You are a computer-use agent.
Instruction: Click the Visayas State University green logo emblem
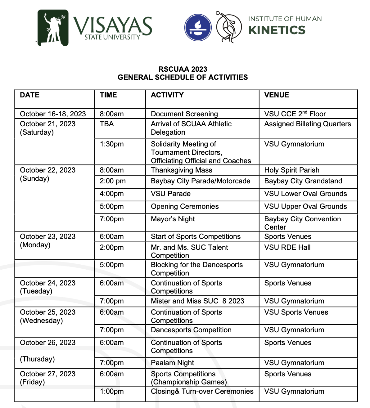[53, 28]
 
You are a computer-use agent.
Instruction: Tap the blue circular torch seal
[198, 28]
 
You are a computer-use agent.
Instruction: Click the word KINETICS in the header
[277, 30]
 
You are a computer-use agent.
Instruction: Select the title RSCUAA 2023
[183, 69]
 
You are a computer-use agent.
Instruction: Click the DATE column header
[30, 95]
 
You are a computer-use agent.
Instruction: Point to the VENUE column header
[277, 95]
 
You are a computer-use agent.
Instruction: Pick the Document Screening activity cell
[184, 114]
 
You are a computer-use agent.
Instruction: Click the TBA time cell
[107, 124]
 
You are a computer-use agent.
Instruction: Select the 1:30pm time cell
[112, 144]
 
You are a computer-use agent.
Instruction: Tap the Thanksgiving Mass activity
[182, 170]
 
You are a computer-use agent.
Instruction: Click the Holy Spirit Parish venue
[292, 170]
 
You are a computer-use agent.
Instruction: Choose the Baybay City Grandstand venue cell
[303, 181]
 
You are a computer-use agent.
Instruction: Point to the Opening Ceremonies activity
[185, 206]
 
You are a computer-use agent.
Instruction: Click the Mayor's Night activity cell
[173, 219]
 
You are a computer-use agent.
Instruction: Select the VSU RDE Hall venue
[287, 247]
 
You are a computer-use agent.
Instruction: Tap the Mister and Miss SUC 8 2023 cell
[197, 301]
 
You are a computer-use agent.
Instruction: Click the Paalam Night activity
[172, 363]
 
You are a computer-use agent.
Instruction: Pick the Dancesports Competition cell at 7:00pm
[191, 330]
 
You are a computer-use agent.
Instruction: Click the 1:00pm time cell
[112, 391]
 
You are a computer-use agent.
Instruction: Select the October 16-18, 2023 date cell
[53, 114]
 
